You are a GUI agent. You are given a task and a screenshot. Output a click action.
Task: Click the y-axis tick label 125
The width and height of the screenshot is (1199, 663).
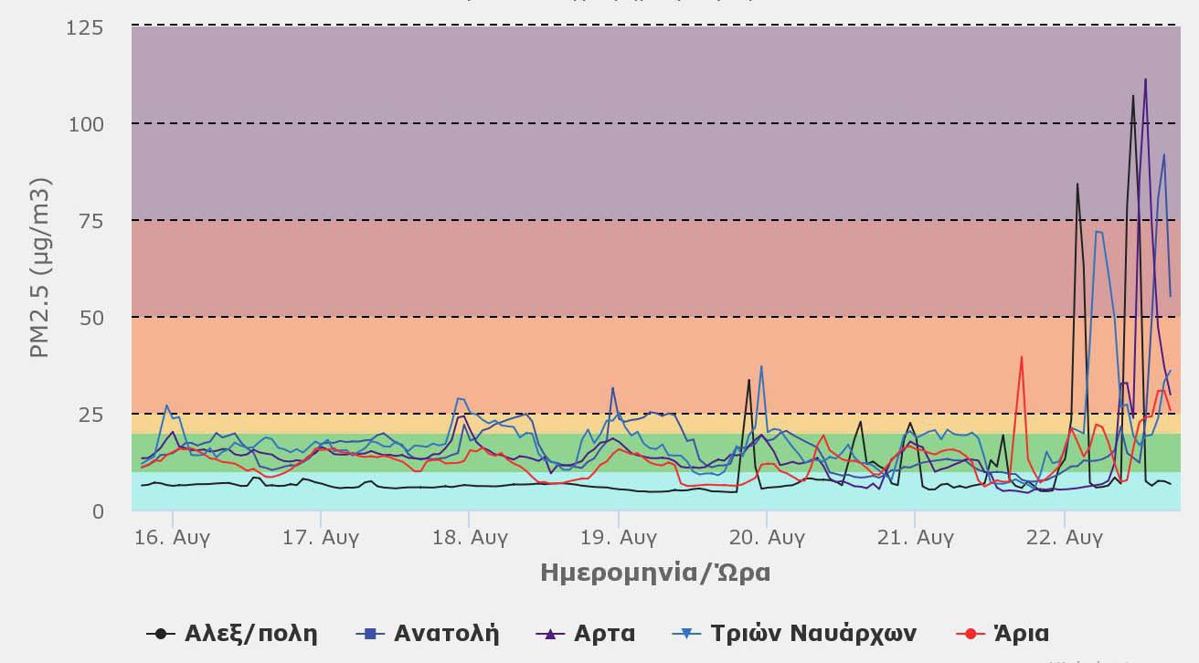coord(85,28)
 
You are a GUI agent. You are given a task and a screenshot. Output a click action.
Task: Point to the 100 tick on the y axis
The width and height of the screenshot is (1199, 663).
coord(85,123)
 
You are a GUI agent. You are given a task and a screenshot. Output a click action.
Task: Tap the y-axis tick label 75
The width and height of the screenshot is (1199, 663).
coord(91,221)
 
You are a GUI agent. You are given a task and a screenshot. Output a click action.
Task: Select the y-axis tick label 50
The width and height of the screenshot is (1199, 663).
coord(91,318)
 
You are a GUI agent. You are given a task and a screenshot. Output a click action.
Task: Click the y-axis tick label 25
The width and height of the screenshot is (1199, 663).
coord(91,415)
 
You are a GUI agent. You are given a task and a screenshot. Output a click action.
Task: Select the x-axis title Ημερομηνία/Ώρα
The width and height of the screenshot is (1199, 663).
coord(655,573)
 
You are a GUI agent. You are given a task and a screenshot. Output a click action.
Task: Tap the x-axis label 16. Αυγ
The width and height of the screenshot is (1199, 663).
coord(173,537)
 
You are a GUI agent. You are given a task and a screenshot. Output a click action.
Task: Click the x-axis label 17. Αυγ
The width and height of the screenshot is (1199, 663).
coord(321,537)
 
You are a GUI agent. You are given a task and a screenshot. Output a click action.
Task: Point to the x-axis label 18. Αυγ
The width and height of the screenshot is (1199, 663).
coord(470,537)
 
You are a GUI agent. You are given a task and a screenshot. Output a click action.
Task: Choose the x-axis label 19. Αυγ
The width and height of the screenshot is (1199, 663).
coord(618,537)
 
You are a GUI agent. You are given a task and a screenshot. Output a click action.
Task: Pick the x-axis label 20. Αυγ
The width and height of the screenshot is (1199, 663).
coord(767,537)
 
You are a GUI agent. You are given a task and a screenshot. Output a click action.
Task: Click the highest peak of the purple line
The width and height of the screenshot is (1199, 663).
coord(1145,79)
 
